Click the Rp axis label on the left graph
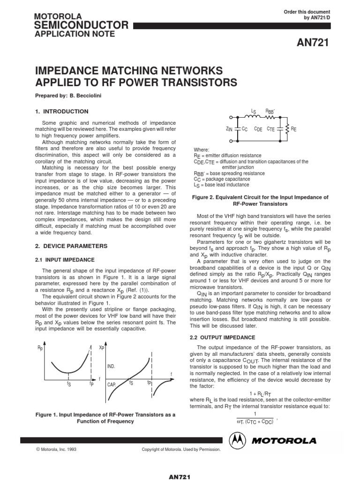coord(40,348)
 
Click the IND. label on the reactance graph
coord(111,366)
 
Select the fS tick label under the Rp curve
coord(69,383)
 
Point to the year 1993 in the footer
coord(71,449)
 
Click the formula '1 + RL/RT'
coord(259,393)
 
